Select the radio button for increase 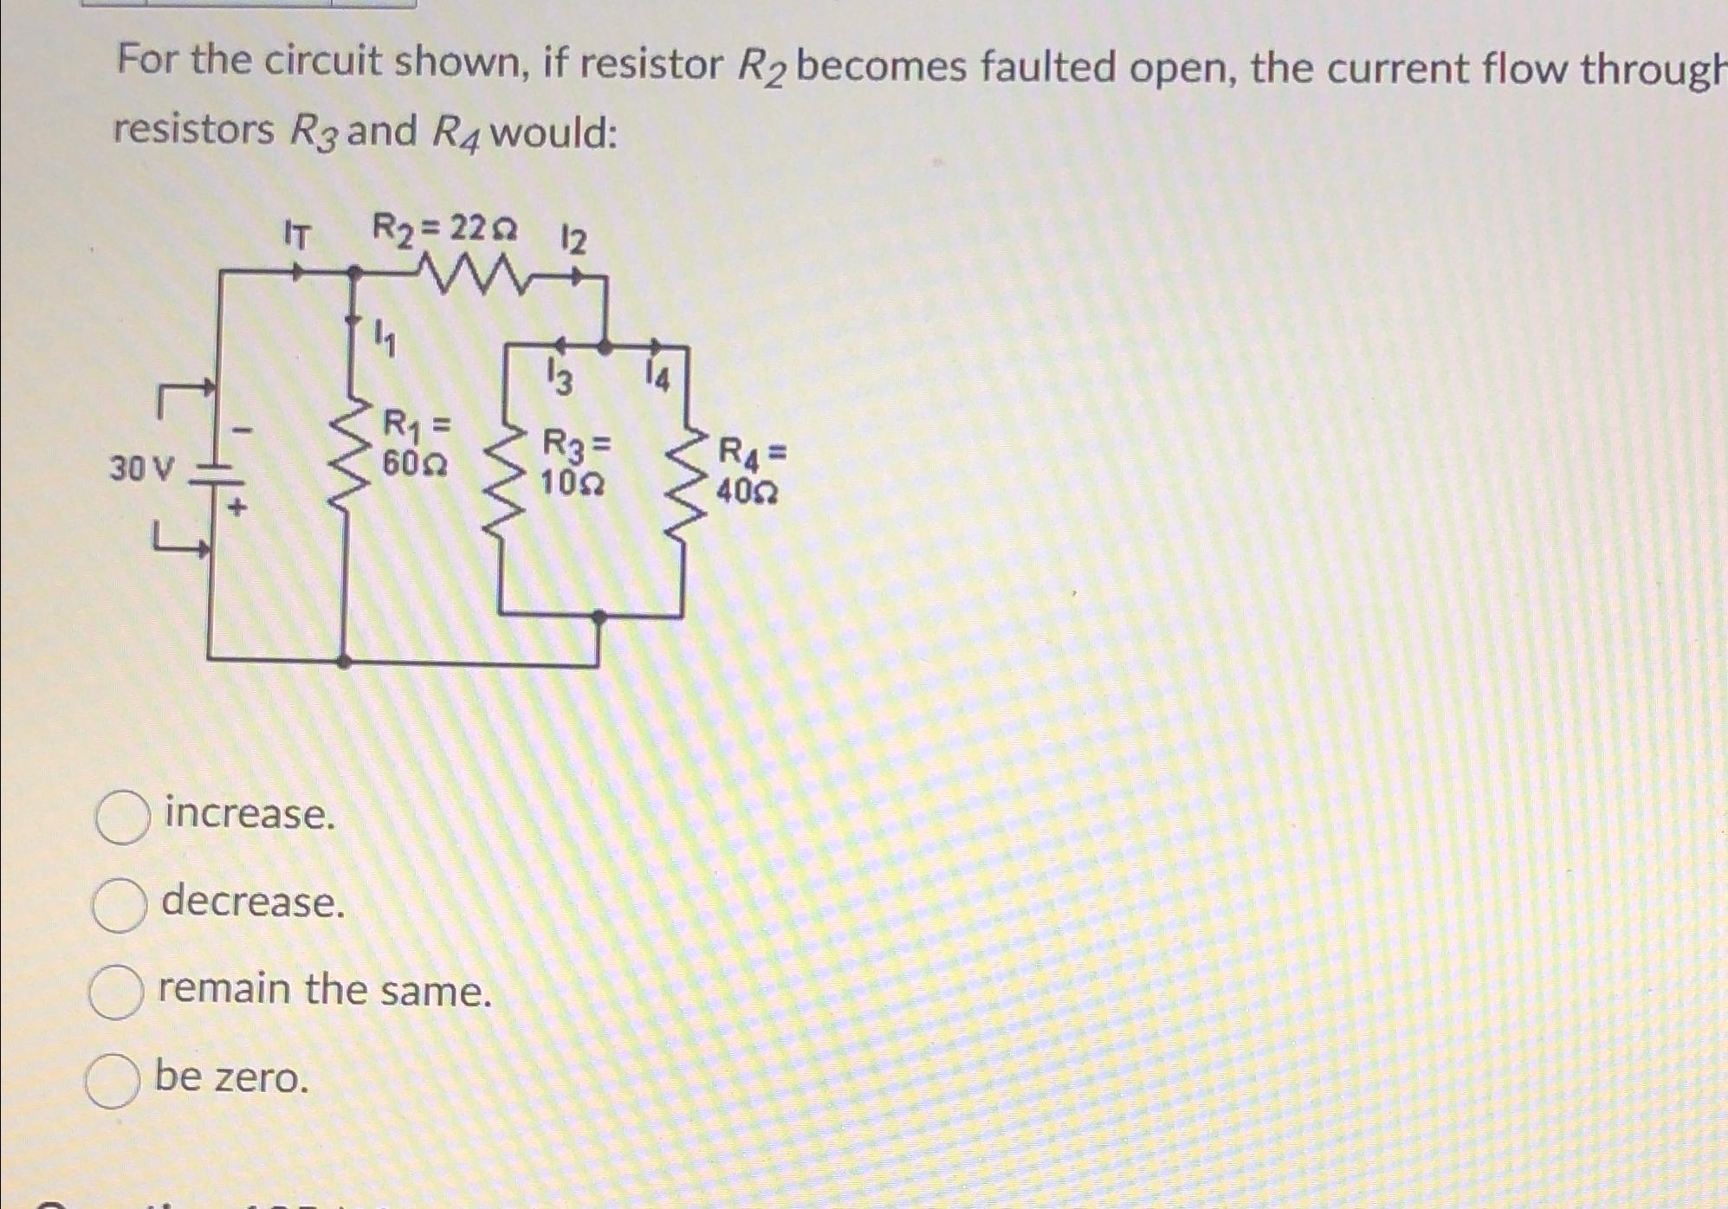click(123, 817)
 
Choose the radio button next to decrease click(119, 904)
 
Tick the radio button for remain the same click(115, 992)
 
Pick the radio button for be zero click(112, 1081)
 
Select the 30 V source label click(142, 469)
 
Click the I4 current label click(658, 378)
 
